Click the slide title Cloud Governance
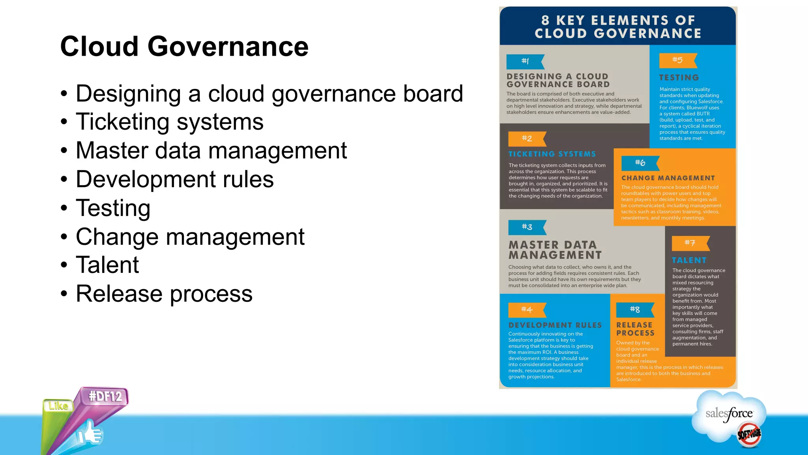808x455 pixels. (x=184, y=47)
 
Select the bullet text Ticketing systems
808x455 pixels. (x=170, y=122)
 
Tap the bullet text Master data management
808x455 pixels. (x=211, y=150)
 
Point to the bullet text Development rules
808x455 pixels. (x=174, y=179)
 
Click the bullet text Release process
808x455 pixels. (x=164, y=294)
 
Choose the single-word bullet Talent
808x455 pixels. (x=107, y=265)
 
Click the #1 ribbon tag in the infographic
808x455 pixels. (x=525, y=61)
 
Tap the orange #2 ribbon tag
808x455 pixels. (x=527, y=139)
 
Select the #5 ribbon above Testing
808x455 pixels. (x=677, y=60)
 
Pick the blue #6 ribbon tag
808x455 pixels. (x=640, y=163)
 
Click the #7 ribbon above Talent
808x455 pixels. (x=690, y=243)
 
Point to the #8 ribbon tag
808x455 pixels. (x=635, y=310)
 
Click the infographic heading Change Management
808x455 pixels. (x=668, y=178)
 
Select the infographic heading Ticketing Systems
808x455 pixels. (x=552, y=154)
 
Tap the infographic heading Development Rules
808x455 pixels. (x=555, y=325)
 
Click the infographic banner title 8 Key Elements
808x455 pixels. (x=618, y=27)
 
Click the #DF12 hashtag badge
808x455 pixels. (x=105, y=396)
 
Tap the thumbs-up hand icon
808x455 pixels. (x=90, y=434)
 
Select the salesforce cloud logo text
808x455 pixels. (x=729, y=414)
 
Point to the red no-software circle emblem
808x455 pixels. (x=749, y=434)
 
